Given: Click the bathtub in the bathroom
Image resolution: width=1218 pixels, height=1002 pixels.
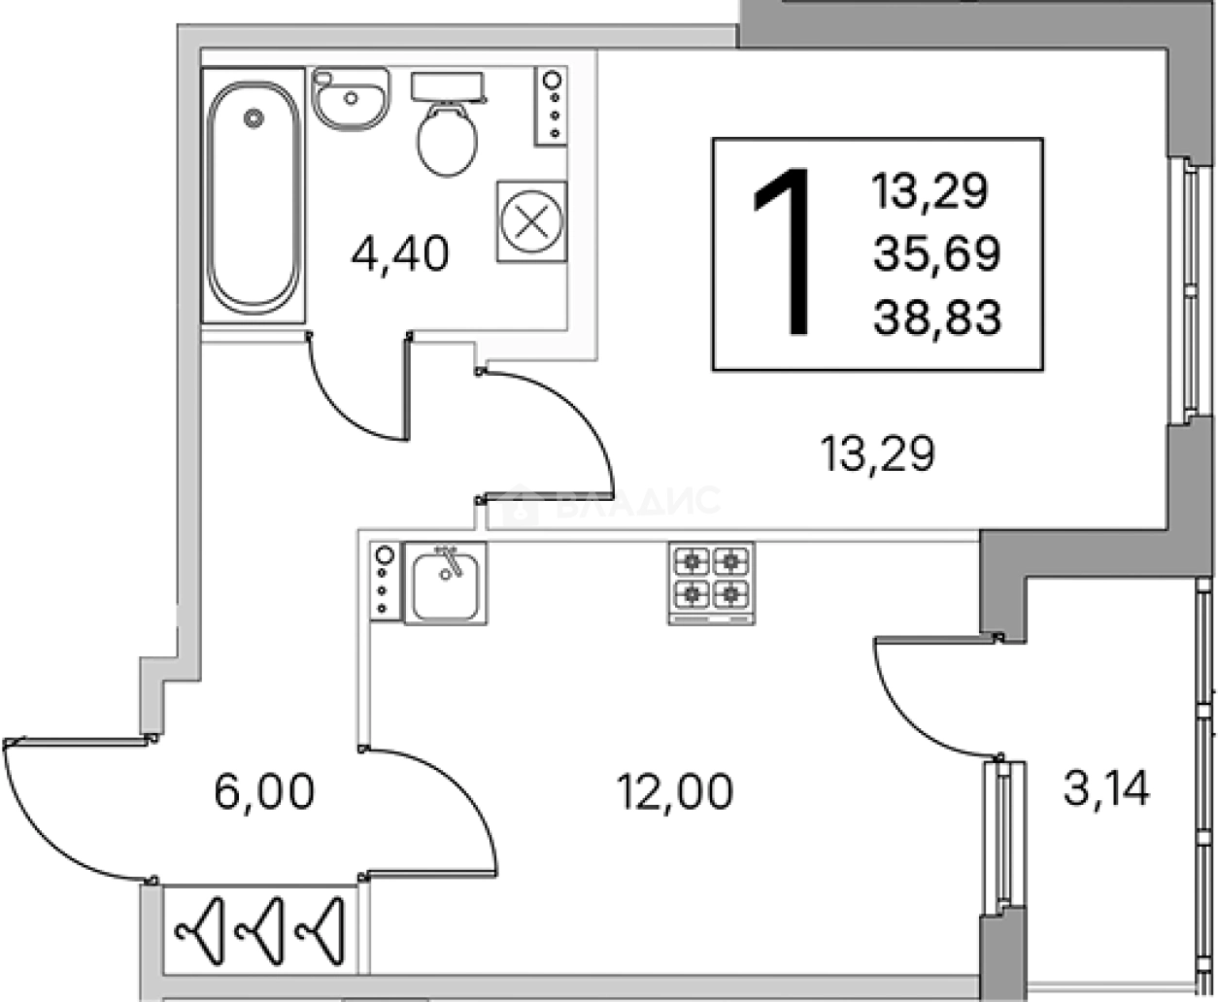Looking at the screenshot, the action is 253,195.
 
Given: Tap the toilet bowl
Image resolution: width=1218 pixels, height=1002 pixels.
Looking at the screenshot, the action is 447,139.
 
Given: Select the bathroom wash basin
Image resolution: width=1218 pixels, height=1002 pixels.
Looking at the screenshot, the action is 351,98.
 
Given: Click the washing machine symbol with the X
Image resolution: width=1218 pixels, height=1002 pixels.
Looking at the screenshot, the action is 531,221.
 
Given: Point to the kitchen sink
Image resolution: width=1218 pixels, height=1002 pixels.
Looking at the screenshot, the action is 446,584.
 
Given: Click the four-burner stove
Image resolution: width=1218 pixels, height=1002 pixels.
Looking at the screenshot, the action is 712,583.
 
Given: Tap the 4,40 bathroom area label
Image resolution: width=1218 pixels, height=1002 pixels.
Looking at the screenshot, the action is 399,254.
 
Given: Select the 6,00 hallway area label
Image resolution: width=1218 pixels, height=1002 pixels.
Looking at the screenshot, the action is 264,791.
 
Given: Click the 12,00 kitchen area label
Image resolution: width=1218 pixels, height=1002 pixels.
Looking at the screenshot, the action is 675,791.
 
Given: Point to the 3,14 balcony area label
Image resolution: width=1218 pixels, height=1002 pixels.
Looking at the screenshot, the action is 1106,788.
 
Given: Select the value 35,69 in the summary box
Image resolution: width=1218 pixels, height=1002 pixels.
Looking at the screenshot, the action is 936,254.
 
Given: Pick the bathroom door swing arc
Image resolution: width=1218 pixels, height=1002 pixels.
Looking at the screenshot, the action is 342,404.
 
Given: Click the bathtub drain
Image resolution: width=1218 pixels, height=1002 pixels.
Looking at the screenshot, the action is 254,118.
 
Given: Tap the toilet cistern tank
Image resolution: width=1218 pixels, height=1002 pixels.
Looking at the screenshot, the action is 448,86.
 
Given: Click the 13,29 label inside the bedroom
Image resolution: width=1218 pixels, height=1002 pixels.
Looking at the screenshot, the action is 877,453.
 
